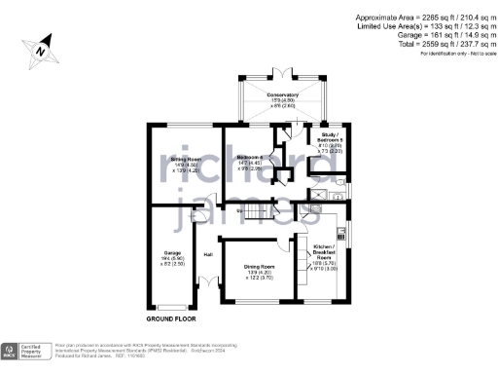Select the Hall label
coord(207,255)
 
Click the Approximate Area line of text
coord(425,19)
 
